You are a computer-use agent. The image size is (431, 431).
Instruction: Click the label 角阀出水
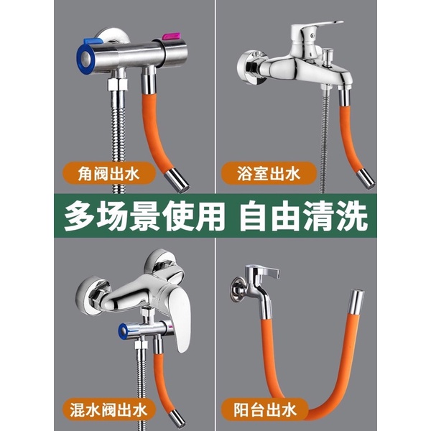108,173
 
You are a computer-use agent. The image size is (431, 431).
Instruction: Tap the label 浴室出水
269,173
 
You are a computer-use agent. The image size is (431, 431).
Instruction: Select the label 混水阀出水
108,409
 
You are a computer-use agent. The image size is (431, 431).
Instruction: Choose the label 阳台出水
265,409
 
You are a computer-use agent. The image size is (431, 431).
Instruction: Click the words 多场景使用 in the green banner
142,215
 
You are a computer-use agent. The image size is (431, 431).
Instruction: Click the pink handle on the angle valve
171,37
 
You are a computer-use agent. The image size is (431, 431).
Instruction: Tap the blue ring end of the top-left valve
84,57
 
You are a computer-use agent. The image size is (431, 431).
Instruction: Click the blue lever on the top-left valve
93,41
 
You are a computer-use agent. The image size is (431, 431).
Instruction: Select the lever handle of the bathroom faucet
316,30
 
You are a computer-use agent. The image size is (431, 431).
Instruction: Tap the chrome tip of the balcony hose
356,302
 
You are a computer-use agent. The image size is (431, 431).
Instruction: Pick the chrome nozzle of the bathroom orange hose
365,178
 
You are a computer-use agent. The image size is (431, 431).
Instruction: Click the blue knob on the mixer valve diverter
123,330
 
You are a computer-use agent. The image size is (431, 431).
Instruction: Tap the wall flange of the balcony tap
238,289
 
